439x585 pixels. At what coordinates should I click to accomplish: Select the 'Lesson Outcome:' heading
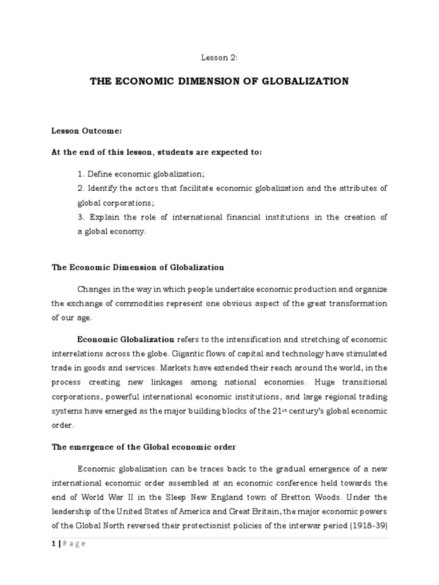[x=87, y=131]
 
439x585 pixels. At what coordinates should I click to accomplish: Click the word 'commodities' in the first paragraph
[x=135, y=303]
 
